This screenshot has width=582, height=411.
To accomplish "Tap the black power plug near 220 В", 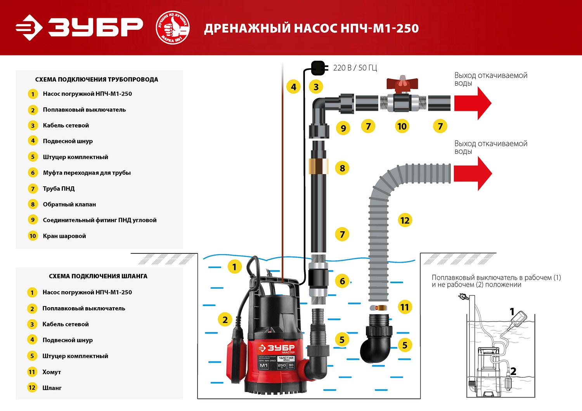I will click(x=318, y=68).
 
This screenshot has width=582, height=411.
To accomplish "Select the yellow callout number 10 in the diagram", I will click(x=402, y=126).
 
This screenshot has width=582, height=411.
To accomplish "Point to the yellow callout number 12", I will click(x=405, y=220).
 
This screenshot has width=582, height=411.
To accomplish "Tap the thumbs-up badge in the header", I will click(x=173, y=28).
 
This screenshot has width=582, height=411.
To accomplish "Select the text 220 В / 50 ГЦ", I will click(x=355, y=68).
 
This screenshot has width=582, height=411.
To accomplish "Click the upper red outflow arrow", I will click(x=472, y=103).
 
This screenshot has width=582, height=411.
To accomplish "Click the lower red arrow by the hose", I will click(x=472, y=173).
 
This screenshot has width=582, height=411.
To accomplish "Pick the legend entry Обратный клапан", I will click(x=69, y=204).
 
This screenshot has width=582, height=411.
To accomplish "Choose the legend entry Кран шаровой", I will click(x=64, y=236).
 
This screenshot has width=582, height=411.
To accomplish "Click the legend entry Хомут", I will click(x=52, y=372).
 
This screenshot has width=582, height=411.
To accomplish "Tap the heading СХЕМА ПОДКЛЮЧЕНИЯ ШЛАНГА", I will click(x=98, y=276).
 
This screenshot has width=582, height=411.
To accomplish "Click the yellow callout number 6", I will click(x=342, y=281).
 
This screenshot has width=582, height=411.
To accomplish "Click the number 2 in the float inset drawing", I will click(x=513, y=371).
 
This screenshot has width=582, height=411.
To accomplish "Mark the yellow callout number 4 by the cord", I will click(x=293, y=87).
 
